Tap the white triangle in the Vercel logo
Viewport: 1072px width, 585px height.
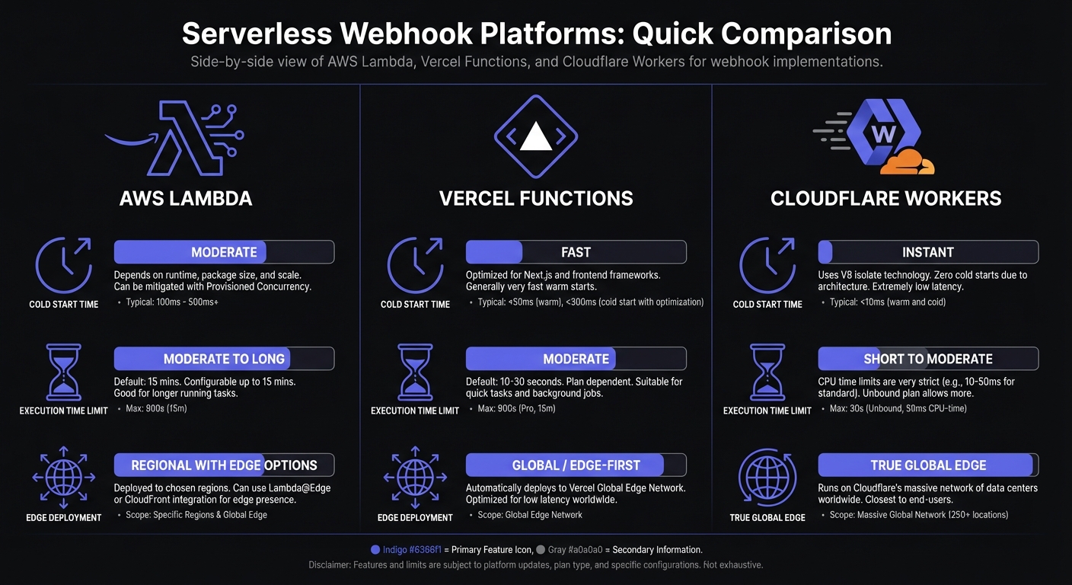(535, 137)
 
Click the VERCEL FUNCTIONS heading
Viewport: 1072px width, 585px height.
(536, 199)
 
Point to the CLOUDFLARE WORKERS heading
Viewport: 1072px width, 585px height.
(885, 199)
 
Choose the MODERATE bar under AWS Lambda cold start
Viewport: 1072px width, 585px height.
(224, 252)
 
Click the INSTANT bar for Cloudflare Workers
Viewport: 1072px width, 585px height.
(927, 252)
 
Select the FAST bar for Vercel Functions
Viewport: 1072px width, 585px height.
(576, 252)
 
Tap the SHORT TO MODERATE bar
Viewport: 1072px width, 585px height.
(927, 359)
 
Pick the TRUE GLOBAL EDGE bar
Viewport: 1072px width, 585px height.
(927, 465)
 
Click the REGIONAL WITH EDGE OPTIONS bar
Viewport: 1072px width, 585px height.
(224, 465)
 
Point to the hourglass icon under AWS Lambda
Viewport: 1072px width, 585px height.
(63, 372)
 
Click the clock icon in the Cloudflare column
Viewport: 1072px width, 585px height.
(767, 265)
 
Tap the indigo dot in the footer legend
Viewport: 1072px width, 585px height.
(375, 549)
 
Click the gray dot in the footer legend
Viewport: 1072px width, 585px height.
(541, 549)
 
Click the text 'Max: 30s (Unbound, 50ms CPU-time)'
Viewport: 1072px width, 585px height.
(888, 409)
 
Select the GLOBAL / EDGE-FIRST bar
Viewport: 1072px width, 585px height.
(576, 465)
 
